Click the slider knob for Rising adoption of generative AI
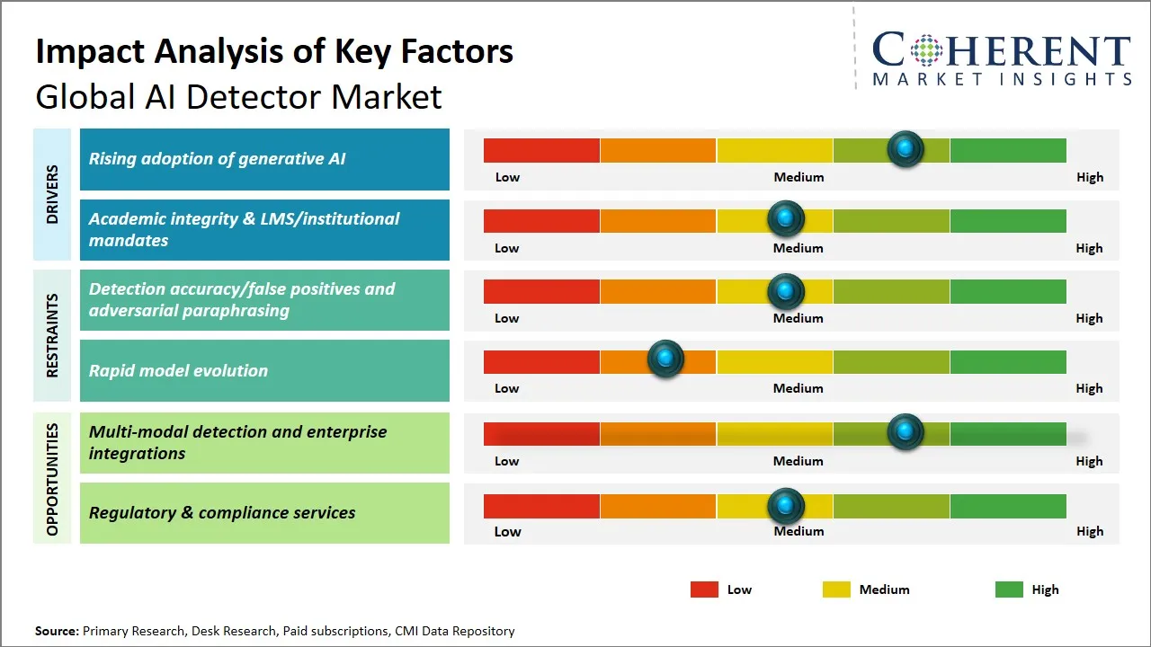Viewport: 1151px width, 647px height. pos(906,148)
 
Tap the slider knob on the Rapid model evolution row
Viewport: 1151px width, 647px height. pos(665,359)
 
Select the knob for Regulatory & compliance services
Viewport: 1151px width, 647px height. pos(786,506)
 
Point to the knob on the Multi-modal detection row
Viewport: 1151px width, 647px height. pos(906,432)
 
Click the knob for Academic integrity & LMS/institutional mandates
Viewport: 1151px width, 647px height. pos(786,218)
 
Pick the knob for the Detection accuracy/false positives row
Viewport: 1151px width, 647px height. pos(786,291)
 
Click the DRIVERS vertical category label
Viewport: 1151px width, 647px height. pos(52,194)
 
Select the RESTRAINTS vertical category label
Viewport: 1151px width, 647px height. pos(52,335)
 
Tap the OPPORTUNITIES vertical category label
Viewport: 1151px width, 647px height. pos(52,479)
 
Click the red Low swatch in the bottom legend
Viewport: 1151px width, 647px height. pos(704,589)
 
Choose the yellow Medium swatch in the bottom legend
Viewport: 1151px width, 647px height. pos(836,589)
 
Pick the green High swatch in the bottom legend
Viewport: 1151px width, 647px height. pos(1009,589)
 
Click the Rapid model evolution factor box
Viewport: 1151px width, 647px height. pos(264,370)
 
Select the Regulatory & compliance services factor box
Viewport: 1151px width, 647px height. pos(264,513)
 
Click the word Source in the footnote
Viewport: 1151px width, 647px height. pos(57,631)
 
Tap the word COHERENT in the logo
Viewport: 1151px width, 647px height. pos(1002,51)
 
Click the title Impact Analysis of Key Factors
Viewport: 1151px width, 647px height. pos(274,51)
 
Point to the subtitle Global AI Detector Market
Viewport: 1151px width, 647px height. pos(238,96)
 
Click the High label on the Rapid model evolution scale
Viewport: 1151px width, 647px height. pos(1089,388)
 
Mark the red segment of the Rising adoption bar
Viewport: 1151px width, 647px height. pos(541,150)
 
